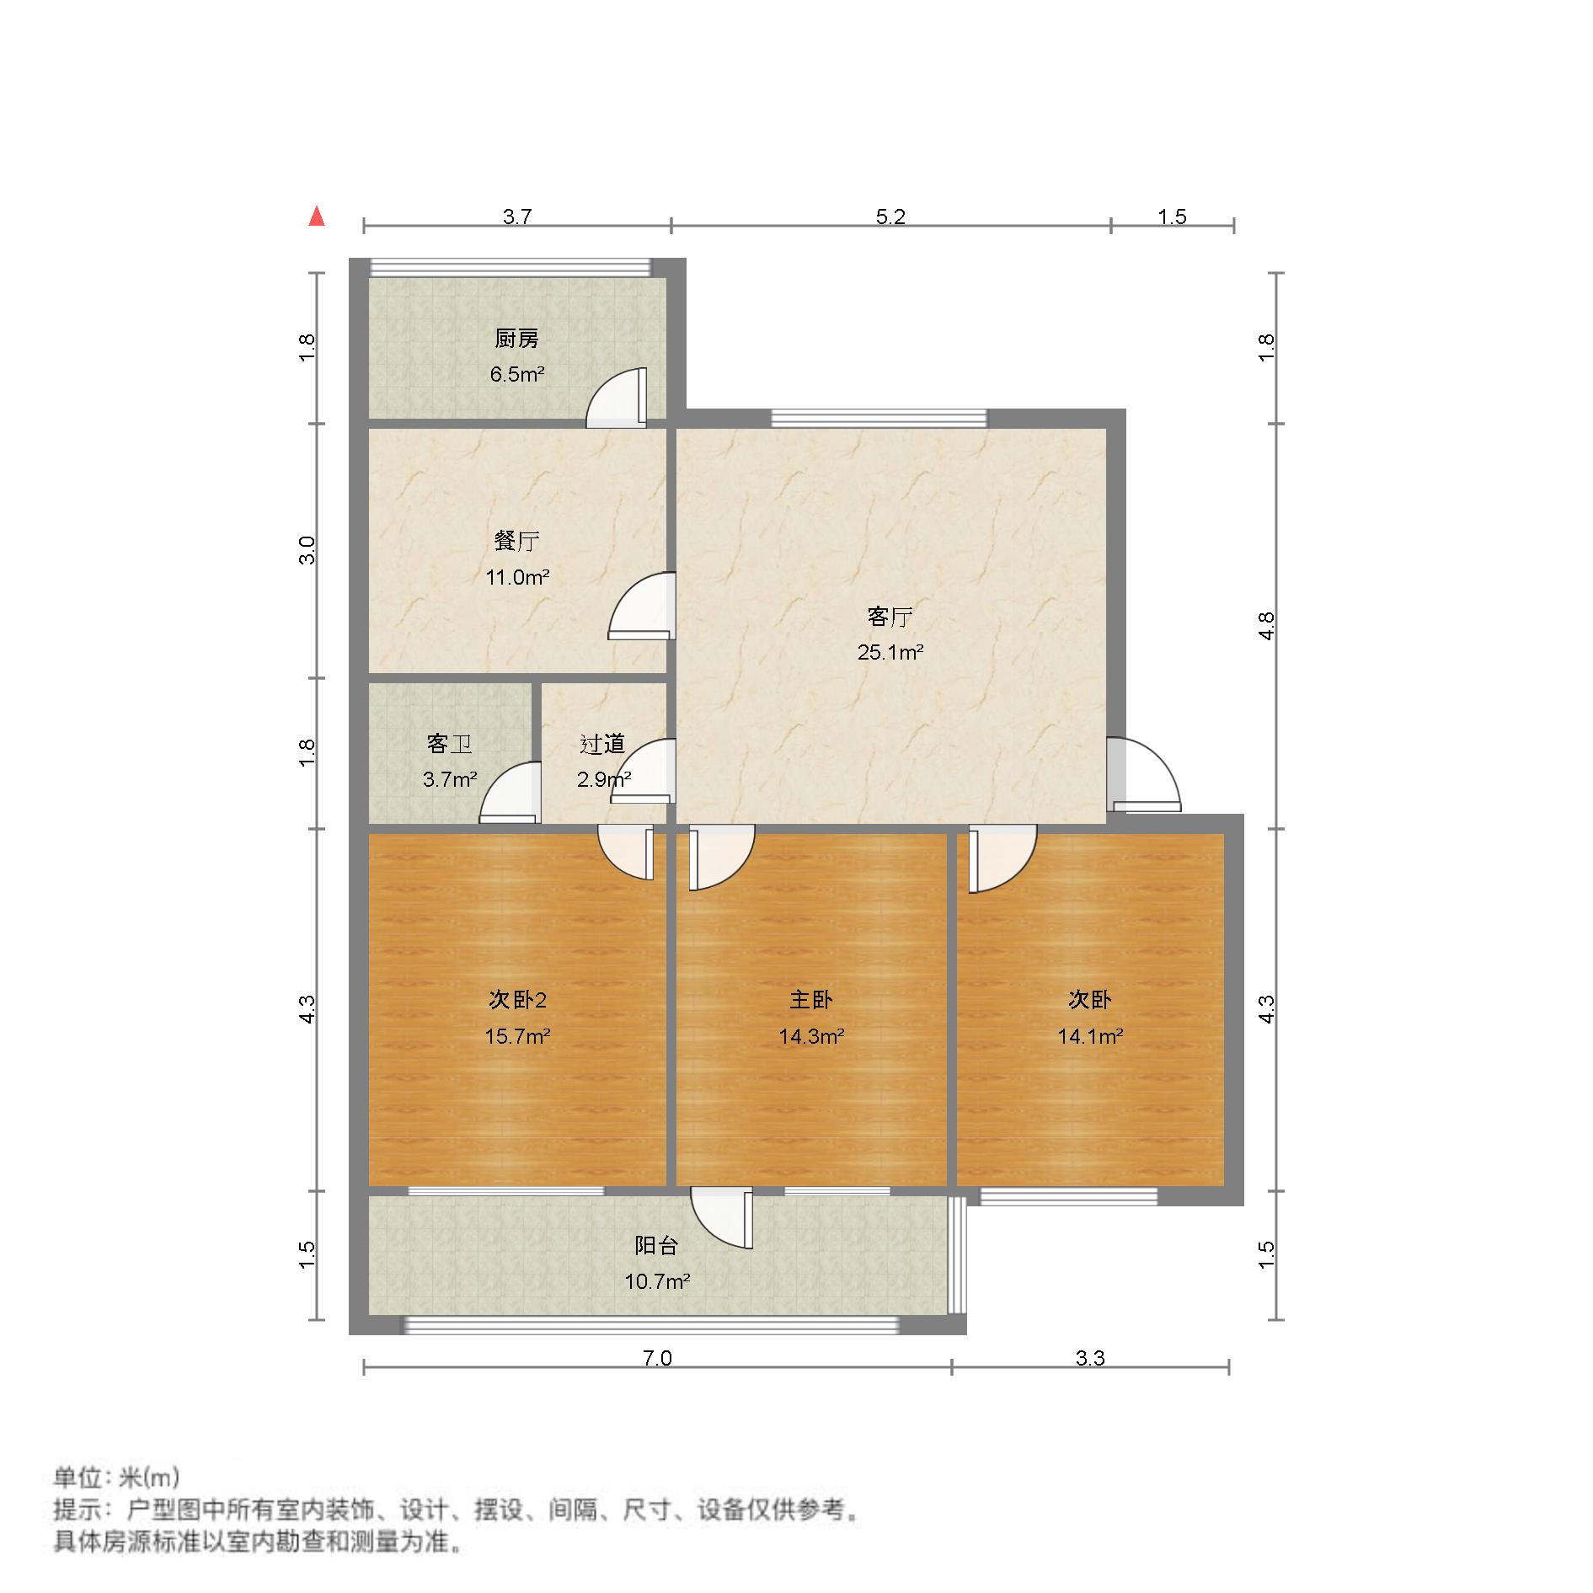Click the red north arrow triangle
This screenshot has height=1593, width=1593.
click(317, 217)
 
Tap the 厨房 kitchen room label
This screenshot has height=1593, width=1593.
click(516, 339)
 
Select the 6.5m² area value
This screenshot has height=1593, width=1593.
click(516, 374)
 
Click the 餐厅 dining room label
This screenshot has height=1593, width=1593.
click(516, 541)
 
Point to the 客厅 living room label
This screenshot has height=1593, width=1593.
click(890, 617)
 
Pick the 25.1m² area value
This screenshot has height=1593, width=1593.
click(890, 652)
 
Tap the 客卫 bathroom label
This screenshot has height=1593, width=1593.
click(449, 744)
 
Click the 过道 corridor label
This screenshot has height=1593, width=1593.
click(602, 744)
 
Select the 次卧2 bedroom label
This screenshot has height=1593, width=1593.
click(517, 1000)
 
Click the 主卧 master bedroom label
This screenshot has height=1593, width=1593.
click(810, 1000)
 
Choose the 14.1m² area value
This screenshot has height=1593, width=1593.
click(1090, 1036)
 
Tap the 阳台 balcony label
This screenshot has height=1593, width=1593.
click(656, 1245)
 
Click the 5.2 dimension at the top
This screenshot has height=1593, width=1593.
click(890, 216)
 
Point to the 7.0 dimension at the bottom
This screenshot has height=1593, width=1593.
click(657, 1358)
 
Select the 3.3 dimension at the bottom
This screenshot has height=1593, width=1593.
click(1090, 1358)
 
